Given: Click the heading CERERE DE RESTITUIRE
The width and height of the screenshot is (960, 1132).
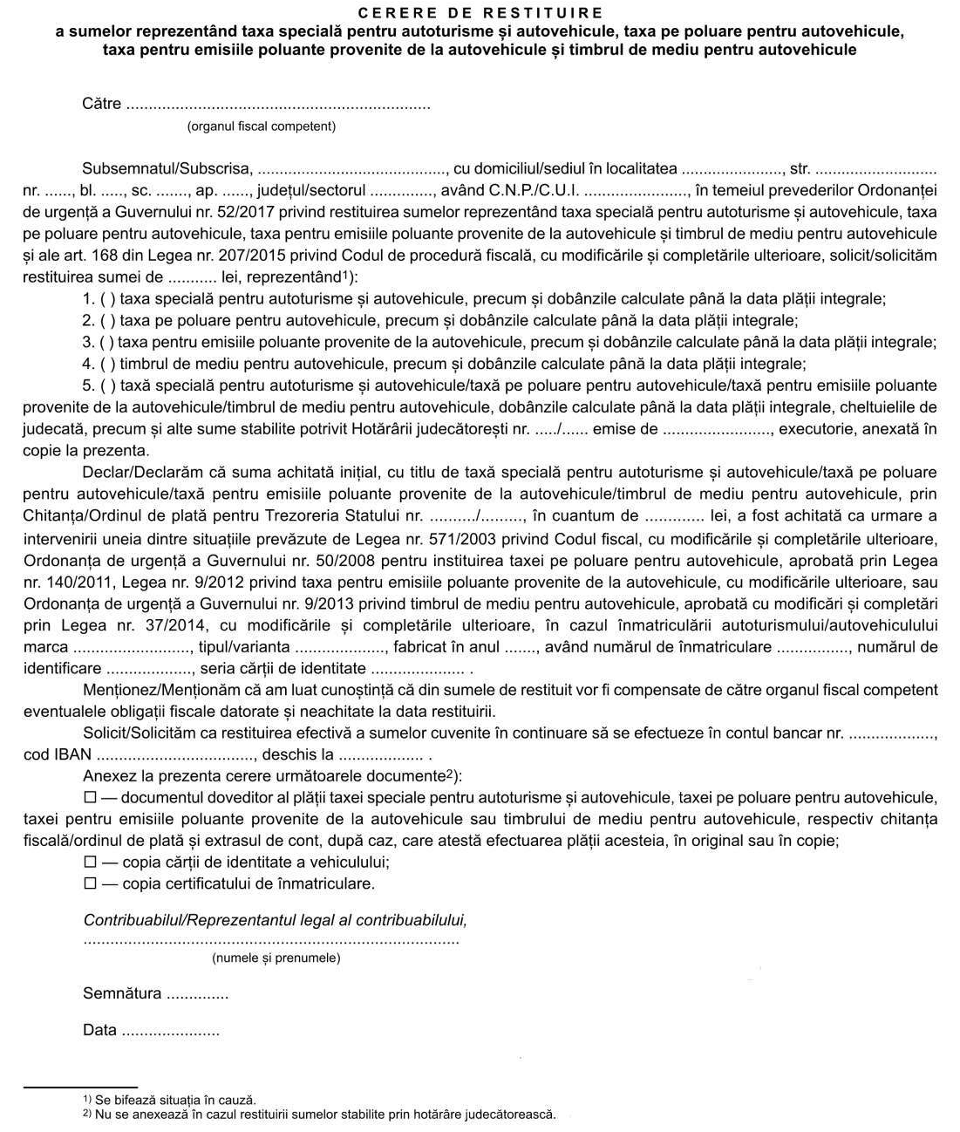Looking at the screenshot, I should pyautogui.click(x=480, y=12).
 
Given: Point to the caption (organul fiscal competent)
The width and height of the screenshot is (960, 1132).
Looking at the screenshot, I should pyautogui.click(x=261, y=126).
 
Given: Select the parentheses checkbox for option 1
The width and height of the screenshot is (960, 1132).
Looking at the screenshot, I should pyautogui.click(x=108, y=299).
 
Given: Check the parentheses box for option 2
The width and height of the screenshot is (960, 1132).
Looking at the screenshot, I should pyautogui.click(x=108, y=320).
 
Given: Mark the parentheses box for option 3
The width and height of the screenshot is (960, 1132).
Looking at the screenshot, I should pyautogui.click(x=108, y=342).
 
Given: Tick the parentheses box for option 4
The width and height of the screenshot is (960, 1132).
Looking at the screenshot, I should pyautogui.click(x=108, y=364).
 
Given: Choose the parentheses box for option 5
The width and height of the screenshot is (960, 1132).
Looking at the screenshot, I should pyautogui.click(x=108, y=385).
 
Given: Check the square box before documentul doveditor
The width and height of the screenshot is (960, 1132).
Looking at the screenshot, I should pyautogui.click(x=90, y=797).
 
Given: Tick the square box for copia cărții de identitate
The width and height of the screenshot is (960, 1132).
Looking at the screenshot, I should pyautogui.click(x=90, y=862).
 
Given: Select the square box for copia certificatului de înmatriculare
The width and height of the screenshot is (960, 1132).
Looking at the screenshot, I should pyautogui.click(x=90, y=883).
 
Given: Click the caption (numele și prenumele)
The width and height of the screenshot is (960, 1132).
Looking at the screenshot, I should pyautogui.click(x=276, y=958).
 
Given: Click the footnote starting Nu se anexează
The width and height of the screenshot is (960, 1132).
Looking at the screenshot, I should pyautogui.click(x=323, y=1114).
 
